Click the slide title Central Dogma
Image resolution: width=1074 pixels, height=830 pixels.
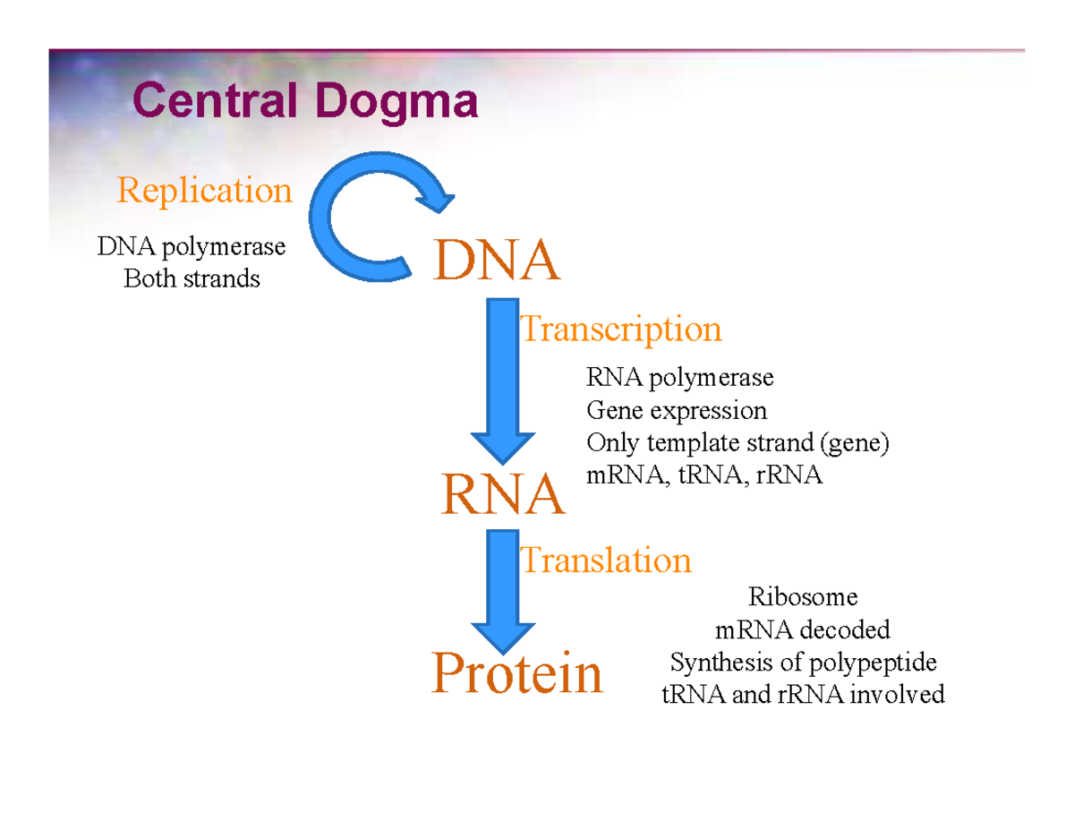pos(304,101)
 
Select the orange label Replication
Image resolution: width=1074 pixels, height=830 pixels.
pos(205,191)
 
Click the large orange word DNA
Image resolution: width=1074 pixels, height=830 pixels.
pos(497,261)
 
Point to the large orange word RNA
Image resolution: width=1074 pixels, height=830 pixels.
pos(502,495)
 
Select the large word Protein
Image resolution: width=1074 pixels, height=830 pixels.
pos(516,673)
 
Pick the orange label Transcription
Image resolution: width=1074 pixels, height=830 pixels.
pos(620,329)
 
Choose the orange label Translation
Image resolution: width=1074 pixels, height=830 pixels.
pos(606,560)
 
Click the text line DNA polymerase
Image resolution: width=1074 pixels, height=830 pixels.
pos(192,246)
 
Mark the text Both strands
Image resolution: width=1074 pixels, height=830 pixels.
pos(192,279)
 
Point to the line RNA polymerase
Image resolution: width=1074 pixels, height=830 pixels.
pos(679,378)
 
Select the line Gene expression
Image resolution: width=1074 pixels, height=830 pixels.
pos(676,411)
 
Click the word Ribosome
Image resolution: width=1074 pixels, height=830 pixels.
pos(803,596)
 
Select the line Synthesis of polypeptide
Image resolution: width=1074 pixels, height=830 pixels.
pos(803,663)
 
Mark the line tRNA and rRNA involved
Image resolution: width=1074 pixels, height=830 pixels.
pos(803,695)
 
